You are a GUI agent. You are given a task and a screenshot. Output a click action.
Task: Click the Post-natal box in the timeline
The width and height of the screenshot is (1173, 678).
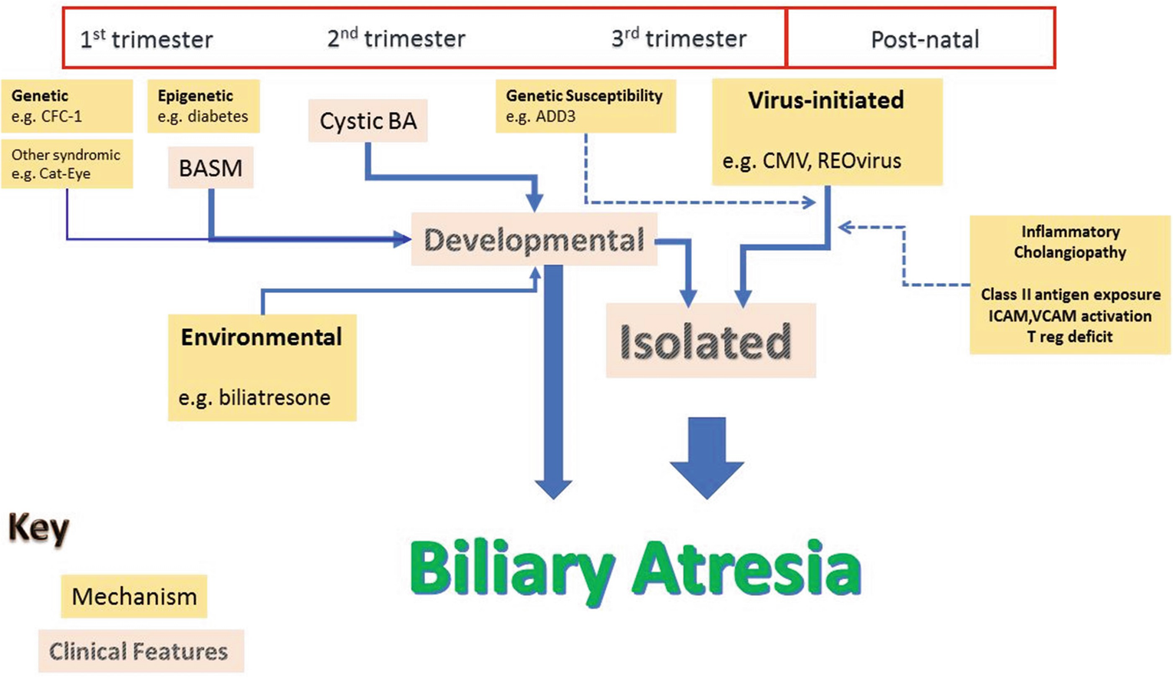pos(921,38)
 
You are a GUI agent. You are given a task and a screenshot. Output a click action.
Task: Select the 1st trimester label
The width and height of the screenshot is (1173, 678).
pos(146,39)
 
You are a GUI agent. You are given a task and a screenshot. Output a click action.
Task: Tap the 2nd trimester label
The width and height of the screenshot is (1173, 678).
pos(397,38)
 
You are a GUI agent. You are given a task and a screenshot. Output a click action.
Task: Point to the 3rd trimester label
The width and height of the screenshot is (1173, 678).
pos(679,38)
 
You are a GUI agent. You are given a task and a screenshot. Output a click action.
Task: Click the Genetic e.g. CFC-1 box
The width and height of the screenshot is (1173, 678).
pos(67,106)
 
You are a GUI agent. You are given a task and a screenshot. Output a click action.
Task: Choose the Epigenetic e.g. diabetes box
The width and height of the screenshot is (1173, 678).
pos(203,106)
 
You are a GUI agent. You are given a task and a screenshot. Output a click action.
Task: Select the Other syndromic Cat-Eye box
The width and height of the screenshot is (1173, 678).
pos(67,164)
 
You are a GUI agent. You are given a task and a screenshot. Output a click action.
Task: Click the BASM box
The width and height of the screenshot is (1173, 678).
pos(210,167)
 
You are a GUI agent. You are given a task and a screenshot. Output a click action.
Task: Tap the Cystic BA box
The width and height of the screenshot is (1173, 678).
pos(367,121)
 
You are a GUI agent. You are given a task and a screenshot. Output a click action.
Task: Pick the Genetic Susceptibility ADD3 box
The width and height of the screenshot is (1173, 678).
pos(585,106)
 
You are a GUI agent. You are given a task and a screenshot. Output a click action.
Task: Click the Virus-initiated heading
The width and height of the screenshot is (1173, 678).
pos(825,100)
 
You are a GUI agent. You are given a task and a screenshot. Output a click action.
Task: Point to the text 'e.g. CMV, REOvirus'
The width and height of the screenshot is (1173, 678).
pos(812,161)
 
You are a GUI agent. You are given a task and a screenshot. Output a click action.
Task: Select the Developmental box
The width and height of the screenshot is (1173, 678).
pos(534,239)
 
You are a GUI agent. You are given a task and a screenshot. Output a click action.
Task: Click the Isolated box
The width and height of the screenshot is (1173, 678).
pos(710,341)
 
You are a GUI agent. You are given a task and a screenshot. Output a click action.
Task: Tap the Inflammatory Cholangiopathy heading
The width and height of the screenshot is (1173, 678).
pos(1070,242)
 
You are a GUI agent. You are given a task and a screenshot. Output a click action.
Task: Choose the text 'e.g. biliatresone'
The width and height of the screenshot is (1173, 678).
pos(255,398)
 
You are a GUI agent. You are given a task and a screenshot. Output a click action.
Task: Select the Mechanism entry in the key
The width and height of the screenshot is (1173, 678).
pos(134,597)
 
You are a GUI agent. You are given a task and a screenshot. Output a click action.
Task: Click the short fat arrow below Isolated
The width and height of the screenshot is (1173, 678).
pos(707,458)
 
